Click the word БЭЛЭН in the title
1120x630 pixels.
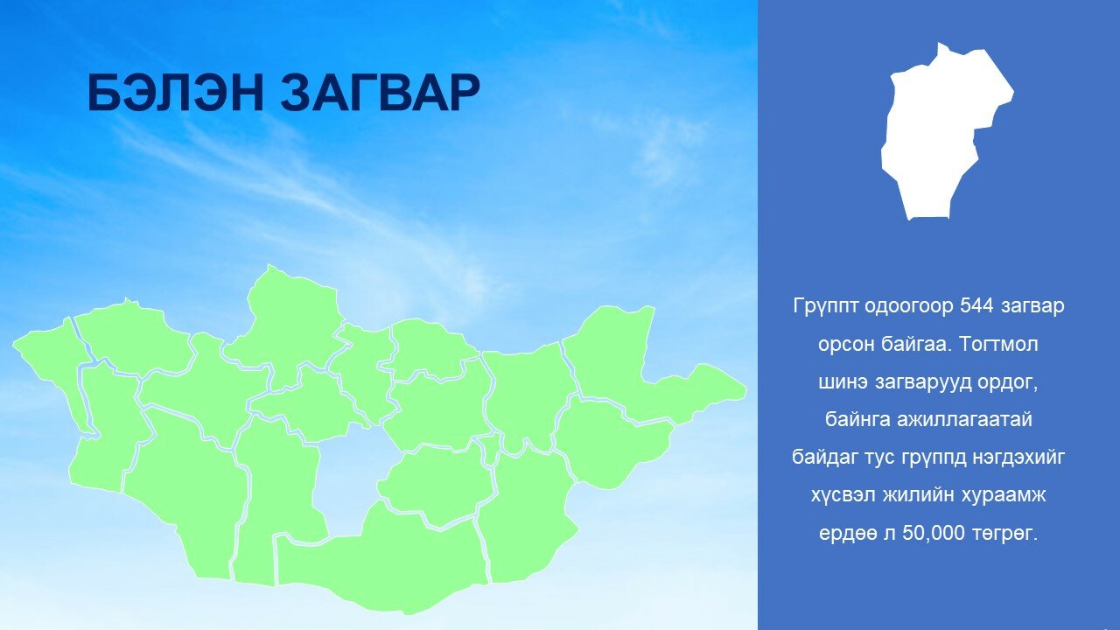pyautogui.click(x=175, y=93)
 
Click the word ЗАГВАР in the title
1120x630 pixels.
pyautogui.click(x=380, y=93)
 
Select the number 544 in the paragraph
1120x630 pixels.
pyautogui.click(x=976, y=305)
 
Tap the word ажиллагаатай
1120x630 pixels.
pyautogui.click(x=964, y=419)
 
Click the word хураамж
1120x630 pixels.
pyautogui.click(x=1005, y=495)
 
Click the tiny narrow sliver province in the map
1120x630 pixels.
pyautogui.click(x=491, y=448)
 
